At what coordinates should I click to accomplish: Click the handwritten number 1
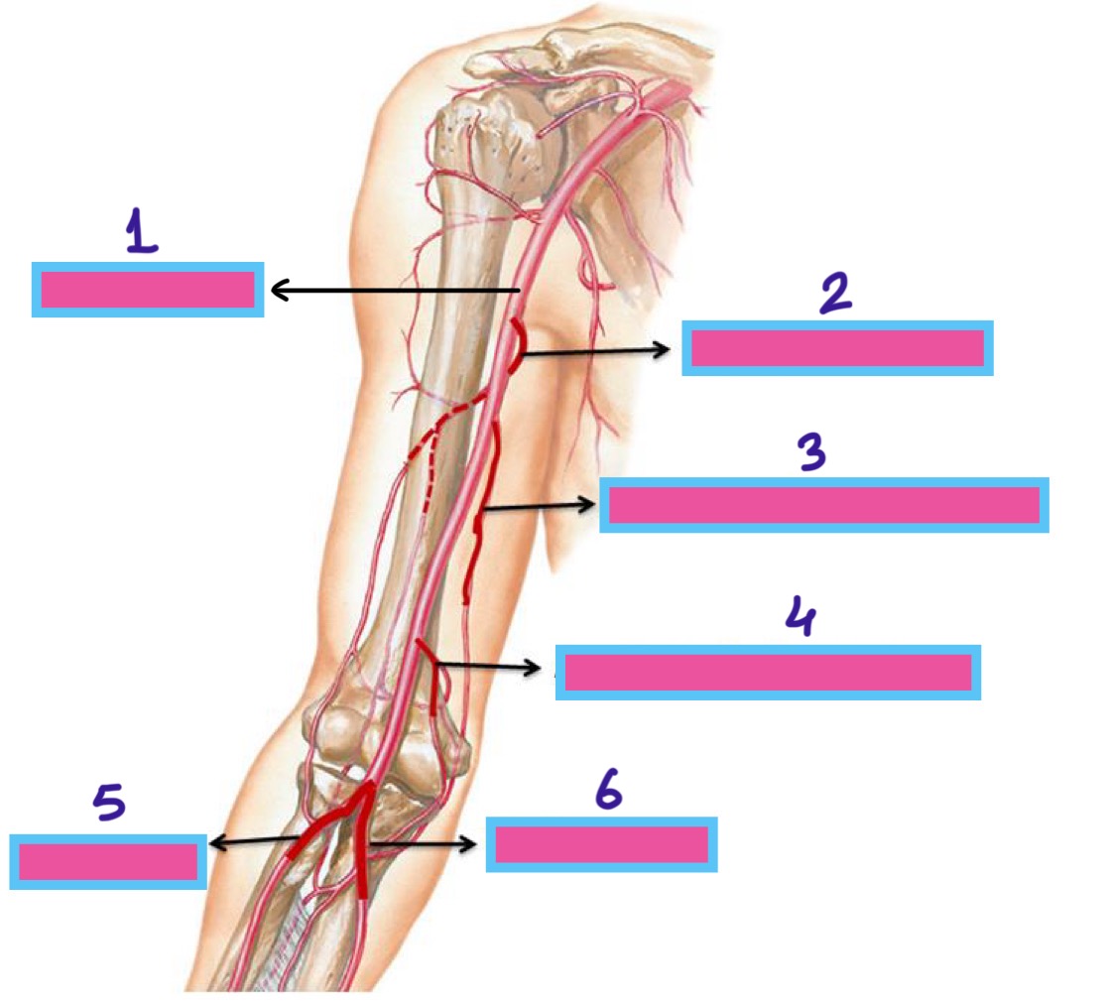click(142, 233)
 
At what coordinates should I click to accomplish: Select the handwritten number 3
click(812, 452)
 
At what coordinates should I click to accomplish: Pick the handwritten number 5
click(109, 805)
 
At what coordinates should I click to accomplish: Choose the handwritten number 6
click(607, 791)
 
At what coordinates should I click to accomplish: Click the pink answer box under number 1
click(148, 290)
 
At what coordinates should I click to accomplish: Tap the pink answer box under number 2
click(837, 348)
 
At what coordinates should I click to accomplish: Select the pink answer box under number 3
click(823, 505)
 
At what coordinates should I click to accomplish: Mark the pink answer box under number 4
click(768, 673)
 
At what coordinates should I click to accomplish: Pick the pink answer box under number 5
click(108, 861)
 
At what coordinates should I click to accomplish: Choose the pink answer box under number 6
click(601, 844)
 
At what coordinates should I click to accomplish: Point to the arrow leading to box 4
click(491, 666)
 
